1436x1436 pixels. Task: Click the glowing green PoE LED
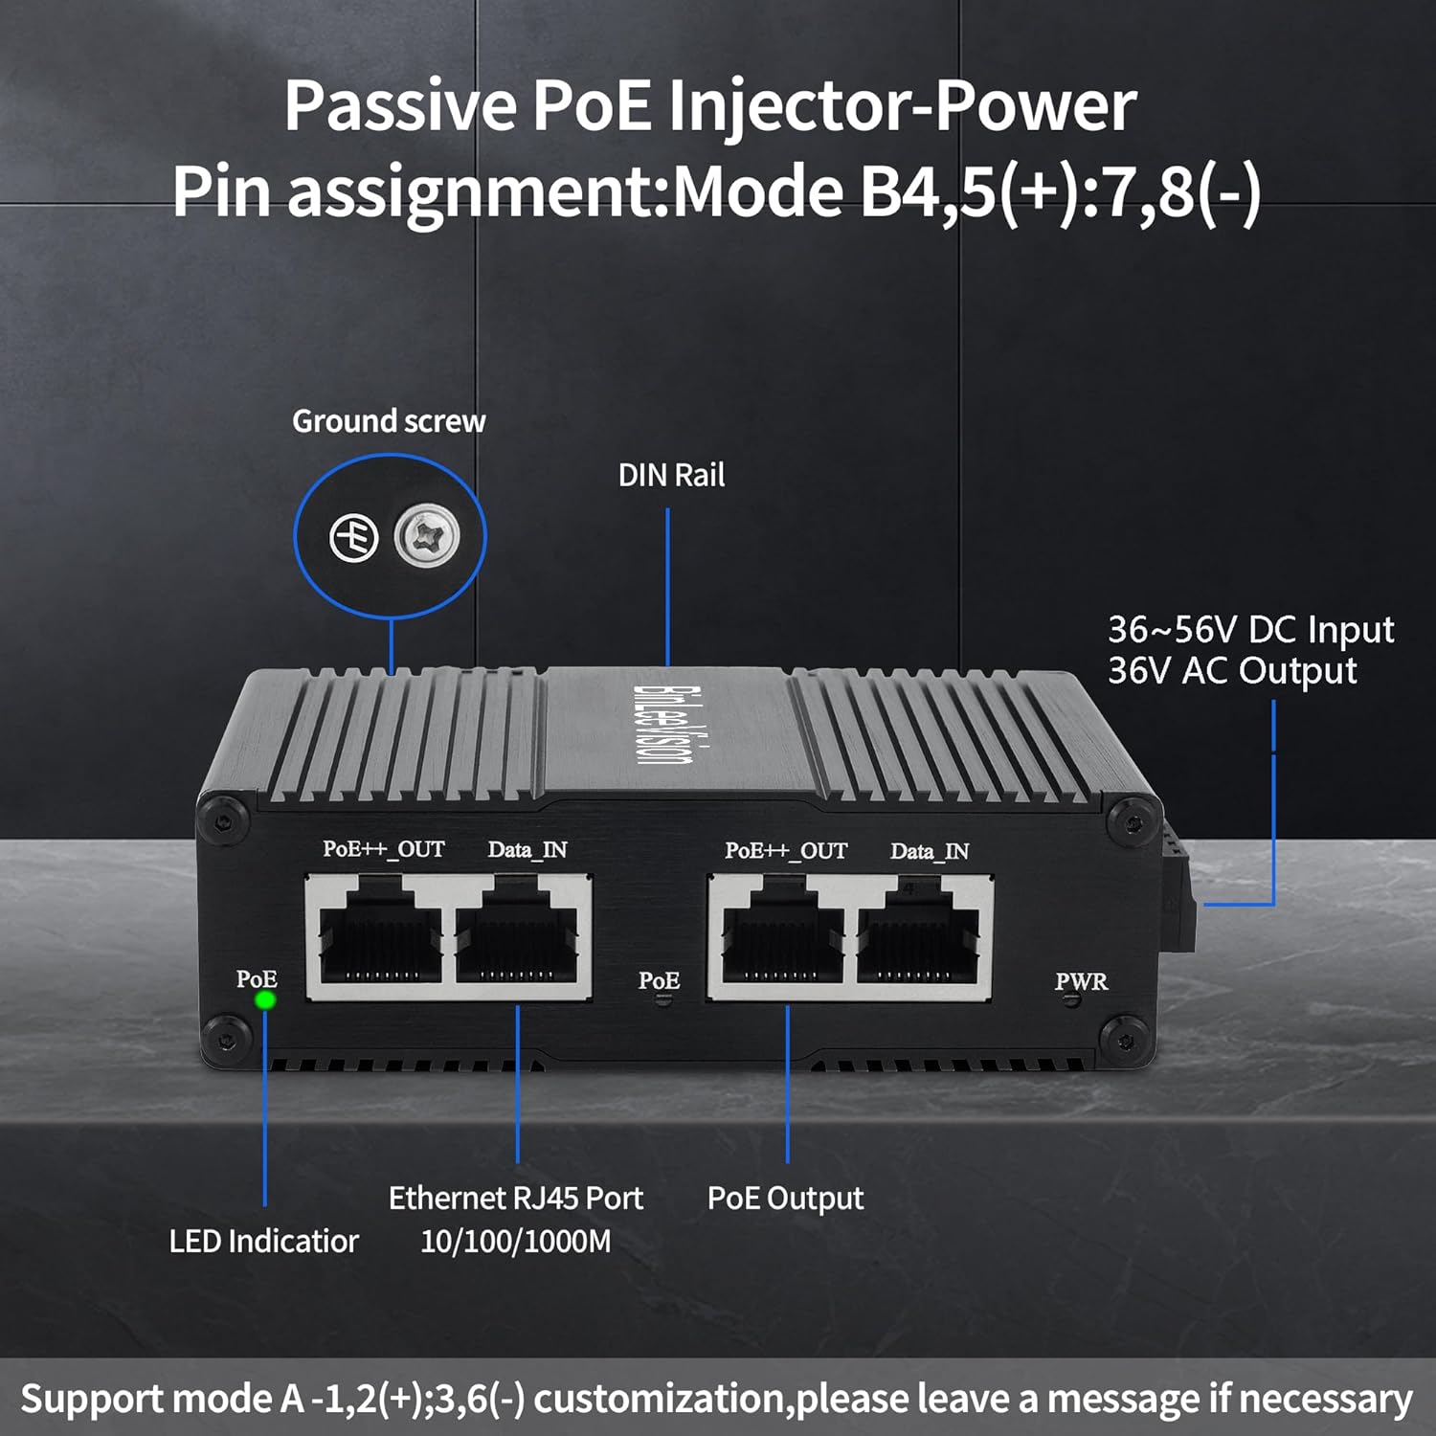click(x=265, y=1000)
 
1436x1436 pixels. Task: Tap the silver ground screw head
click(x=427, y=537)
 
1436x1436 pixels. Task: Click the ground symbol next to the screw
click(x=354, y=538)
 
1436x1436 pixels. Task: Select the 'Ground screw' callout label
click(x=389, y=421)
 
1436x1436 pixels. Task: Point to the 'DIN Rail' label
click(x=671, y=475)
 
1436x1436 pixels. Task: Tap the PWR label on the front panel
click(x=1081, y=981)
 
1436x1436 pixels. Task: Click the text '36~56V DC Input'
click(x=1250, y=630)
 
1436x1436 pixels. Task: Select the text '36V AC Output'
click(x=1232, y=671)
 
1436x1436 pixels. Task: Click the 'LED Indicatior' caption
click(x=263, y=1241)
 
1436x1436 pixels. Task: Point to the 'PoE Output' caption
click(x=785, y=1198)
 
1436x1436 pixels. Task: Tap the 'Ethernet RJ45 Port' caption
click(x=515, y=1198)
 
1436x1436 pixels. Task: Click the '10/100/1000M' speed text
click(x=515, y=1242)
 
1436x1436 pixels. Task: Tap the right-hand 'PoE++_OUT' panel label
click(x=786, y=850)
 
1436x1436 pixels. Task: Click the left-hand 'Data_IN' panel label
click(x=527, y=849)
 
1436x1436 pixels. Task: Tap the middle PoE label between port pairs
click(x=659, y=980)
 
